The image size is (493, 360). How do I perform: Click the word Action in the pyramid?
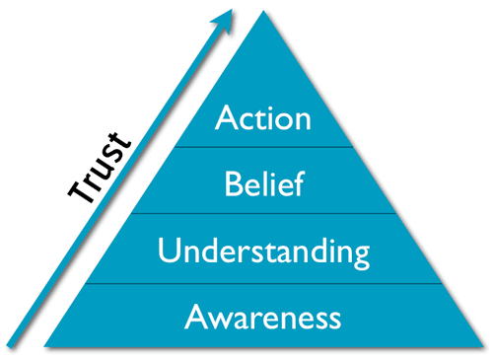coord(263,119)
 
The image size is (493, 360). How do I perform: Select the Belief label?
coord(263,183)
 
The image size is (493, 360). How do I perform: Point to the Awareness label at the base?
coord(263,318)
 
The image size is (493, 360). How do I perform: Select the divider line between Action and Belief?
coord(263,147)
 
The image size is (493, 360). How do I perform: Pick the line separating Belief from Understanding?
coord(263,213)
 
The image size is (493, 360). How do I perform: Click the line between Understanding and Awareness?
coord(263,283)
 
